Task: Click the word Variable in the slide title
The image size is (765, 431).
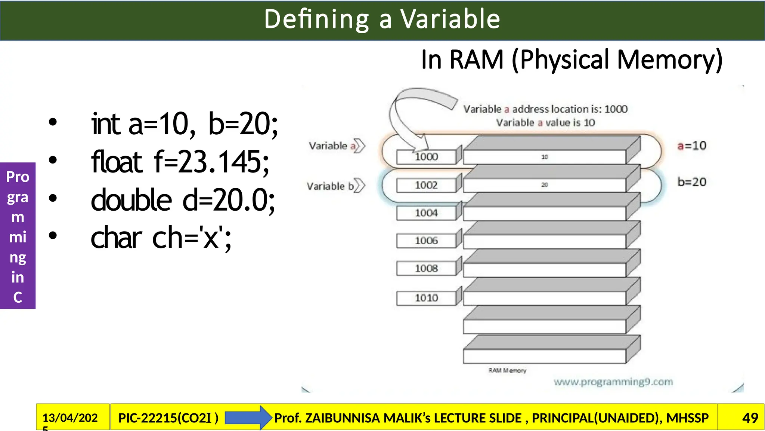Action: coord(450,19)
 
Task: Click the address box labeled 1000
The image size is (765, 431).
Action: coord(426,157)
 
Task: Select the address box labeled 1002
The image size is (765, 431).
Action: coord(426,185)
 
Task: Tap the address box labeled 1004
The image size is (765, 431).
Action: coord(426,213)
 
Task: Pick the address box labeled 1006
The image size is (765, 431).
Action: coord(426,241)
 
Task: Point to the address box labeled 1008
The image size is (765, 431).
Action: coord(426,269)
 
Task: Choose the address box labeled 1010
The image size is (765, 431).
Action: coord(426,298)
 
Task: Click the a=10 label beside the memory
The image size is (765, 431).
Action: coord(692,146)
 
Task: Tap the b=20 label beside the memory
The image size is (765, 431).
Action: coord(692,182)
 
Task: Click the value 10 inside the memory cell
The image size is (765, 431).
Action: coord(545,157)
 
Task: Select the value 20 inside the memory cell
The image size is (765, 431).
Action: coord(545,185)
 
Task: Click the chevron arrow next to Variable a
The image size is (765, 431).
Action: coord(359,146)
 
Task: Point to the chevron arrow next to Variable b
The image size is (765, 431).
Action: coord(359,186)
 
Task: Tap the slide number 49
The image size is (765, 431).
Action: coord(750,418)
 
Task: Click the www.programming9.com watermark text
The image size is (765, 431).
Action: coord(613,382)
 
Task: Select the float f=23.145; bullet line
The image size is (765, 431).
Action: coord(180,162)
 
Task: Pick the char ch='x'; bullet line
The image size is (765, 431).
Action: coord(161,238)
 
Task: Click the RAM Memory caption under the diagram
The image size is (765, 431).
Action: coord(507,370)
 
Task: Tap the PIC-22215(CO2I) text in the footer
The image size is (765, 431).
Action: coord(168,418)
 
